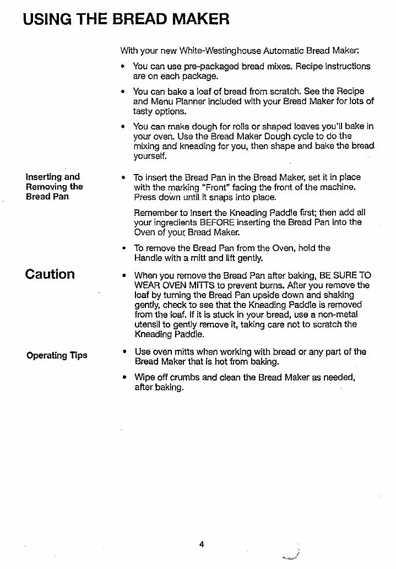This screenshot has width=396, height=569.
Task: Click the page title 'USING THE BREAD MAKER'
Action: [x=126, y=19]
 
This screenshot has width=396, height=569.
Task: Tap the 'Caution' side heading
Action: [x=50, y=274]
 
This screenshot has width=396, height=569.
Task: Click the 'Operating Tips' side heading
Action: [x=57, y=355]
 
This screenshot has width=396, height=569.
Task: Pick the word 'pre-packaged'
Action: [x=197, y=66]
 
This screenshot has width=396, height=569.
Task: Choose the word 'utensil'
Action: [x=148, y=324]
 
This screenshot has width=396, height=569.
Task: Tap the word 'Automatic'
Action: [x=279, y=51]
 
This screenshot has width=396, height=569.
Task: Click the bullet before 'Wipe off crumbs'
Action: [x=125, y=377]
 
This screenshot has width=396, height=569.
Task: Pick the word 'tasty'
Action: [x=144, y=111]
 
